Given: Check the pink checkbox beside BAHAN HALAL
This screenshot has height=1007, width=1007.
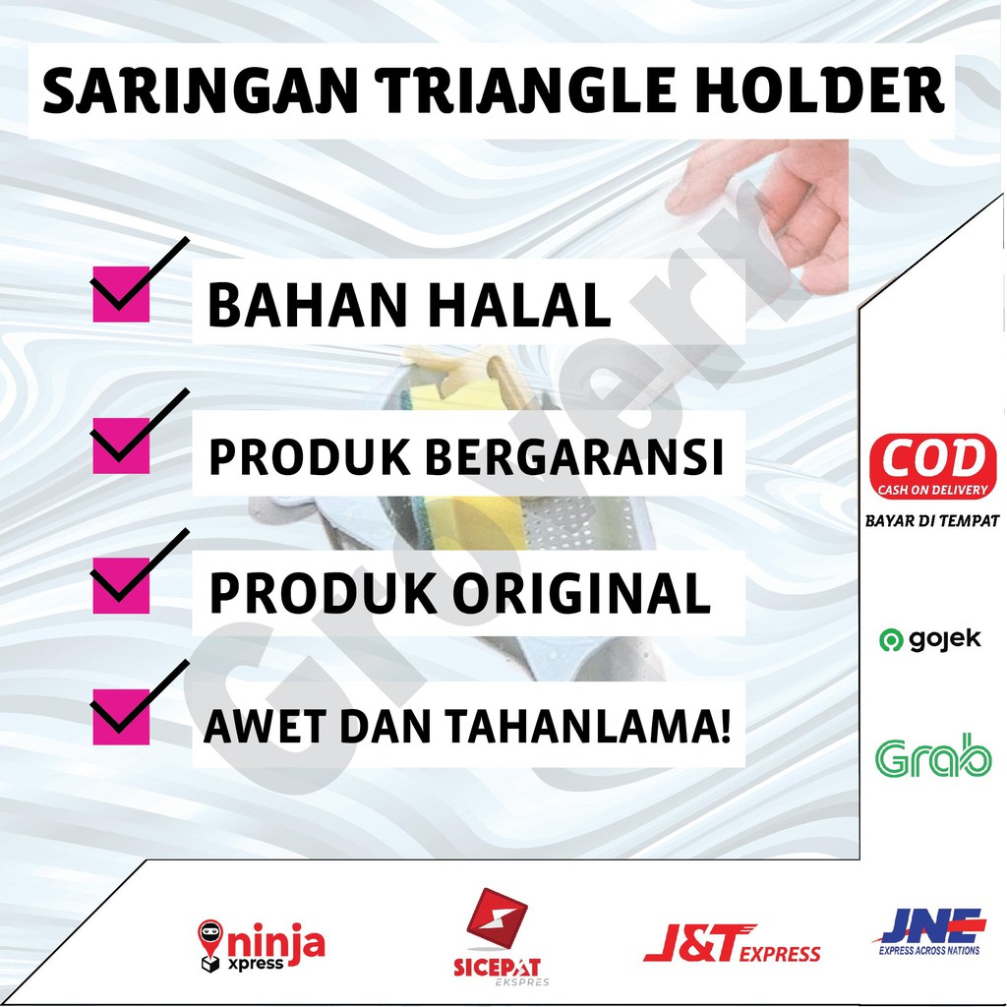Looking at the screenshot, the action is click(x=121, y=294).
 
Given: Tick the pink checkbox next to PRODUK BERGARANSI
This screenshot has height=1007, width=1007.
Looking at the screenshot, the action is click(x=121, y=445).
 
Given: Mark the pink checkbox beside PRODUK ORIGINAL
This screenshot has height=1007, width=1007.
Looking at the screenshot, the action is click(x=121, y=585).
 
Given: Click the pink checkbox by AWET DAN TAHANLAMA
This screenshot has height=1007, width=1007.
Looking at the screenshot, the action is click(x=121, y=717).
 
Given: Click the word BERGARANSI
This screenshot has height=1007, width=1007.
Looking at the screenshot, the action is click(x=574, y=456).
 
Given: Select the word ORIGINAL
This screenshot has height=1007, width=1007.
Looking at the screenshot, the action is click(x=582, y=593).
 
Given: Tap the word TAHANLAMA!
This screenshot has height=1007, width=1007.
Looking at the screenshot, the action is click(x=588, y=726).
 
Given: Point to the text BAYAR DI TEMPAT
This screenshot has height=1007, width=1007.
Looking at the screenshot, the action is click(x=932, y=521).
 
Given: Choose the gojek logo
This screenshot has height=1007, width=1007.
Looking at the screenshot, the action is click(x=930, y=639).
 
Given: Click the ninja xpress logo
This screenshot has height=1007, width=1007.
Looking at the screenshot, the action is click(x=261, y=945).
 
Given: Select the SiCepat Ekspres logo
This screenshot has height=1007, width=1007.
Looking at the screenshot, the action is click(x=498, y=936).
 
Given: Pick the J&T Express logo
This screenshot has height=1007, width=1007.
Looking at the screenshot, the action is click(x=732, y=943).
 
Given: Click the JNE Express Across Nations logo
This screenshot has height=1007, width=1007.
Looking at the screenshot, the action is click(x=929, y=931).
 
